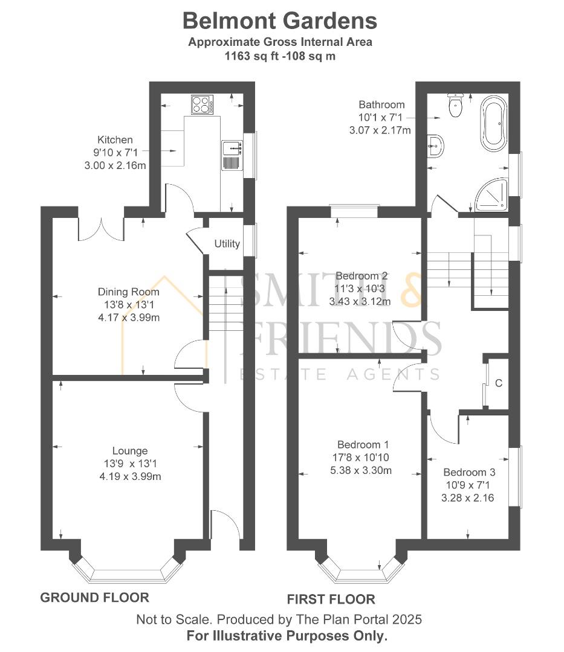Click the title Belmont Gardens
280,21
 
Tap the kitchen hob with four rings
203,104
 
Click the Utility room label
227,244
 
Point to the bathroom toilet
455,106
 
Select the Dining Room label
129,292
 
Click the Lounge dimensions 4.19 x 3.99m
130,476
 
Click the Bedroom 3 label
465,472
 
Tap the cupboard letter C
499,383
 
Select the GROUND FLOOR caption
94,598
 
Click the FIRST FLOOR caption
331,599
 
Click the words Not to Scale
172,619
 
